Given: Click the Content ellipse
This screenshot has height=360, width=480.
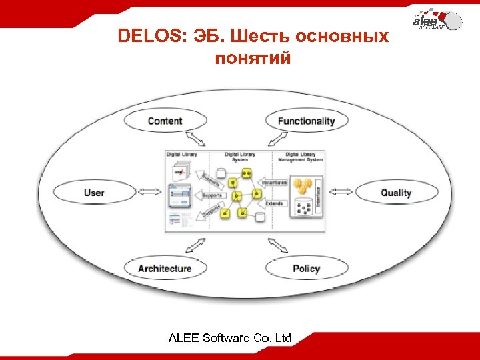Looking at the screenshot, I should (x=164, y=121).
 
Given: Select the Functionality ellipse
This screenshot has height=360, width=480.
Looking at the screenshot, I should (x=306, y=121).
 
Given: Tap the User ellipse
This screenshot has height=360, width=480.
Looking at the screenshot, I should (x=94, y=193).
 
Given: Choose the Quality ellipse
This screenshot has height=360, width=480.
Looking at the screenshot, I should (x=396, y=193).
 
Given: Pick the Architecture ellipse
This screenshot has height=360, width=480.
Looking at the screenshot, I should (x=164, y=268).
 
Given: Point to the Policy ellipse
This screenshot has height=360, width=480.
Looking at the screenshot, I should (x=306, y=268).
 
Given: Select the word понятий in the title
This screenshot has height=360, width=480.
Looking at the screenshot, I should (x=253, y=59).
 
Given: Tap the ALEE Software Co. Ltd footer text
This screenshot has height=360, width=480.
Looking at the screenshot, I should (x=230, y=338).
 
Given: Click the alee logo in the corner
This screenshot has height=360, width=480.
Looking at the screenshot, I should (x=437, y=20).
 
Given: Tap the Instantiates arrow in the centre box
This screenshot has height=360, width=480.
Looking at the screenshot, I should (x=274, y=182).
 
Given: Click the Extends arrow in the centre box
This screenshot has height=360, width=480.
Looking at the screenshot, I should (x=273, y=203).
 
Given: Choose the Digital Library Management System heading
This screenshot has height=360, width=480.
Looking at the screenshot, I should (x=300, y=157).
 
